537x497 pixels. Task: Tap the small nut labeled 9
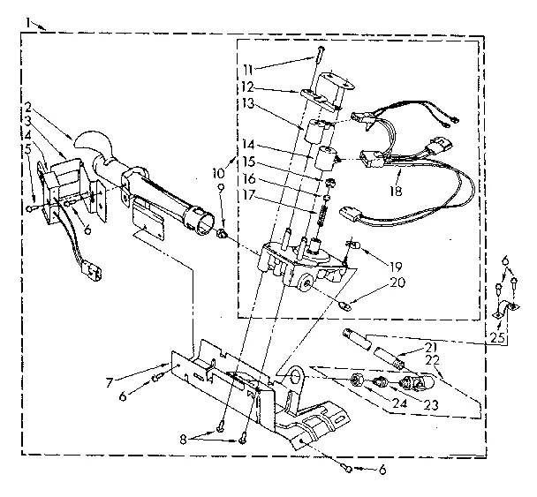pos(223,235)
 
